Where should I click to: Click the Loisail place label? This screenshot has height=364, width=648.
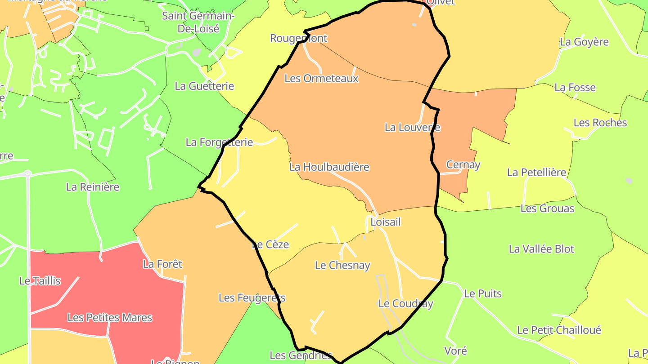385,222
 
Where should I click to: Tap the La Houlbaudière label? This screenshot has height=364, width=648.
329,167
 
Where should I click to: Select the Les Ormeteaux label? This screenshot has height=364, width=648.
321,79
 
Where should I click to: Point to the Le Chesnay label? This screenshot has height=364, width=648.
342,265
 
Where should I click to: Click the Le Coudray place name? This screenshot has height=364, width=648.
405,304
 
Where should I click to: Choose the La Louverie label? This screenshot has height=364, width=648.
412,127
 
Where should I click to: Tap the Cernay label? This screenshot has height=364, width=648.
463,164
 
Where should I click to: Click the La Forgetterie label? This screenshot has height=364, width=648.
219,142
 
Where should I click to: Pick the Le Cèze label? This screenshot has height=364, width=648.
270,244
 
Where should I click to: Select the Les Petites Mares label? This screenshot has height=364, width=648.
110,318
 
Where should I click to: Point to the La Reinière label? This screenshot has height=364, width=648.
93,187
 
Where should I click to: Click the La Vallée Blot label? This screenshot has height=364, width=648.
541,249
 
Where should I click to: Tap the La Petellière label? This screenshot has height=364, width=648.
536,173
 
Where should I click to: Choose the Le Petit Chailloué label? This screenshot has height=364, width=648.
559,330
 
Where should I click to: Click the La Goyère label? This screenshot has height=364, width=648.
584,42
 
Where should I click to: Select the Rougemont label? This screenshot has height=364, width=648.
298,38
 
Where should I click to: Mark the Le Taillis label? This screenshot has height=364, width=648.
40,281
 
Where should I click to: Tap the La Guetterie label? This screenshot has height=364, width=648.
204,86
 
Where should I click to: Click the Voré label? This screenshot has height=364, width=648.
455,351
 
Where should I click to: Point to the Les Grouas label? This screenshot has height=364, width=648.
547,209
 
